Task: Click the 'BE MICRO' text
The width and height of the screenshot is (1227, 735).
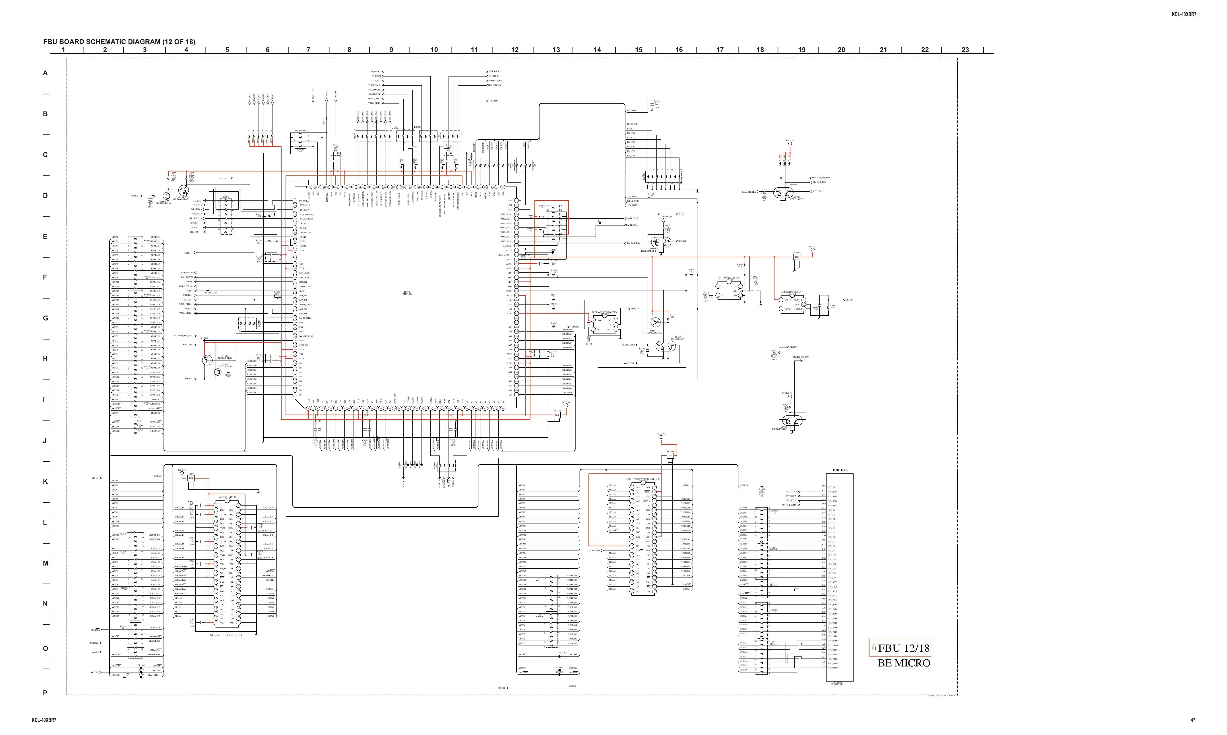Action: [904, 663]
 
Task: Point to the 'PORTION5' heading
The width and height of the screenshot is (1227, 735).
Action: [840, 470]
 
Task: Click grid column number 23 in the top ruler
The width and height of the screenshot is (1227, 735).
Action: [965, 49]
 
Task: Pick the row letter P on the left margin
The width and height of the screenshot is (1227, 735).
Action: [45, 692]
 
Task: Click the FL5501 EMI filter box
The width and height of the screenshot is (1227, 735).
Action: [797, 257]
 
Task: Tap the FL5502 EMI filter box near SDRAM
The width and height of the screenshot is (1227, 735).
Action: [191, 478]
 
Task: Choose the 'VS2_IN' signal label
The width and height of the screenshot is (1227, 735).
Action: [223, 178]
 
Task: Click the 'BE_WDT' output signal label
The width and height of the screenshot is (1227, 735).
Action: [494, 101]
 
